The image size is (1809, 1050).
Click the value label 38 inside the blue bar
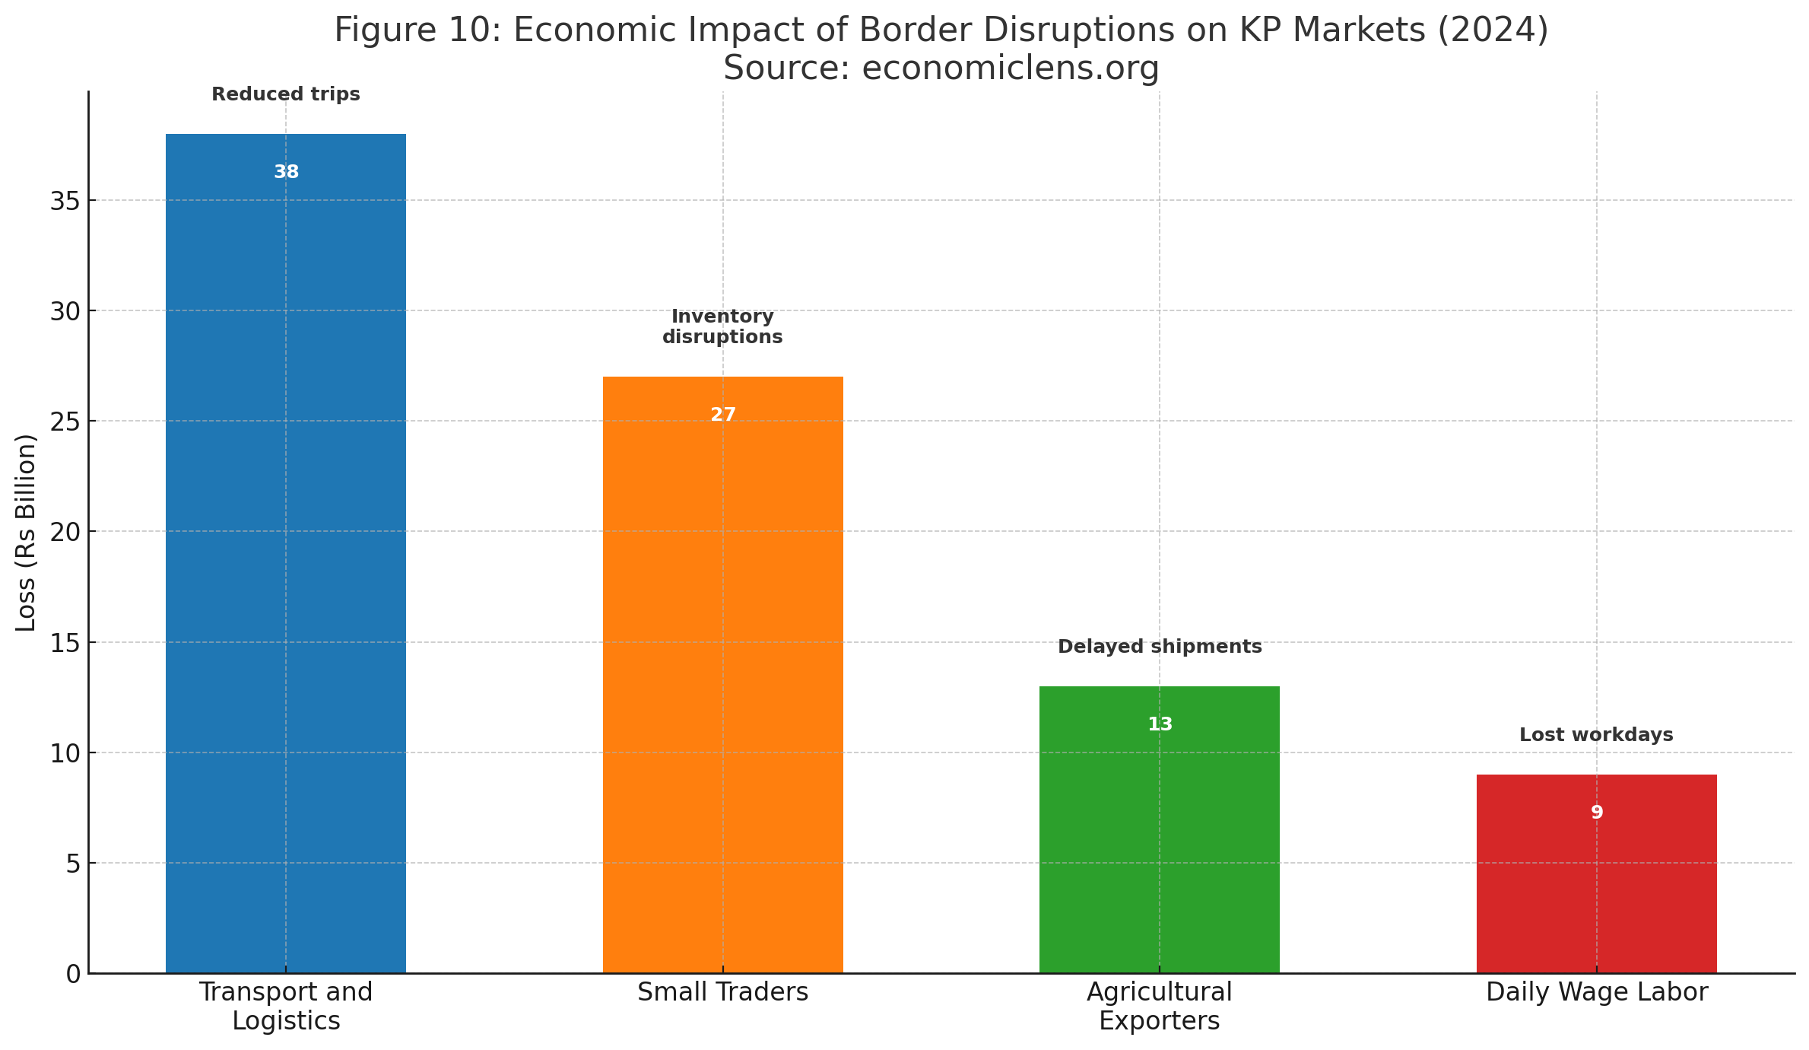click(287, 173)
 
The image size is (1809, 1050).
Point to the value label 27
click(723, 415)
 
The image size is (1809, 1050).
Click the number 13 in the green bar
click(1160, 724)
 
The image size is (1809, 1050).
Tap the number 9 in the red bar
click(1597, 813)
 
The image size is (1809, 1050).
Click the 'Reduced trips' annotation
click(286, 94)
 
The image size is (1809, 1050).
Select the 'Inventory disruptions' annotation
click(722, 326)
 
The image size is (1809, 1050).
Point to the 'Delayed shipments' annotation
click(1160, 647)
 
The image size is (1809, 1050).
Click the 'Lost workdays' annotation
click(1596, 735)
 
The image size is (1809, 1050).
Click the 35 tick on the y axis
click(65, 201)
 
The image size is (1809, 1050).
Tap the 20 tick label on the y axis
click(65, 532)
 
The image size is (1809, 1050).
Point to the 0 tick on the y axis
click(73, 974)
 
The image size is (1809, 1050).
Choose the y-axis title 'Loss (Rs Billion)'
click(26, 533)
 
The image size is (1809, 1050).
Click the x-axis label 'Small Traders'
click(722, 992)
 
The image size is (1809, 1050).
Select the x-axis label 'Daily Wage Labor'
click(1597, 992)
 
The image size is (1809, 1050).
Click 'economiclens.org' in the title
click(1010, 68)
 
